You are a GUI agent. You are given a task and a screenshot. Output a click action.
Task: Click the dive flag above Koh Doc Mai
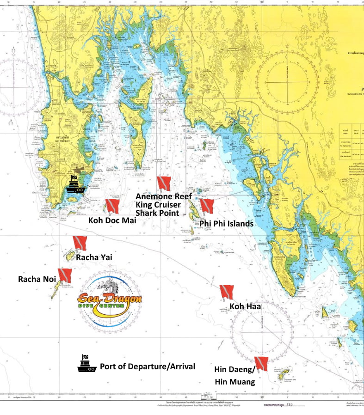[x=112, y=206]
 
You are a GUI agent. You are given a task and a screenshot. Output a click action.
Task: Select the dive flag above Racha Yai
[x=80, y=243]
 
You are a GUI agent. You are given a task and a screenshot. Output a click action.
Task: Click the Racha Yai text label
[x=94, y=257]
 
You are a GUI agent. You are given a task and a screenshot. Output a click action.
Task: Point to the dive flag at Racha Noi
[x=64, y=275]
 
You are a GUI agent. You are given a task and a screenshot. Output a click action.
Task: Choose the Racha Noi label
[x=37, y=279]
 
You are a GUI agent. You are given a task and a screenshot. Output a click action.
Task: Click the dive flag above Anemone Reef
[x=164, y=183]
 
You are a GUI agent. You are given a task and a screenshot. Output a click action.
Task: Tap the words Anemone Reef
[x=163, y=196]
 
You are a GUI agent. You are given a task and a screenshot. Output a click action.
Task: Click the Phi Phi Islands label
[x=226, y=224]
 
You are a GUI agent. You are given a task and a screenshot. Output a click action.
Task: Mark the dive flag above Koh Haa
[x=227, y=292]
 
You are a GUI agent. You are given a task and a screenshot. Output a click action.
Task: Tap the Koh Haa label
[x=245, y=306]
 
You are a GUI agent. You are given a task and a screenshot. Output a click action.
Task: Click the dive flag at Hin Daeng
[x=261, y=364]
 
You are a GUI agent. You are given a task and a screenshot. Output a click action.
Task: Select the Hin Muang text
[x=234, y=382]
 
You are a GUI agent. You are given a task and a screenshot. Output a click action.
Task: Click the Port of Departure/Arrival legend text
[x=147, y=366]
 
